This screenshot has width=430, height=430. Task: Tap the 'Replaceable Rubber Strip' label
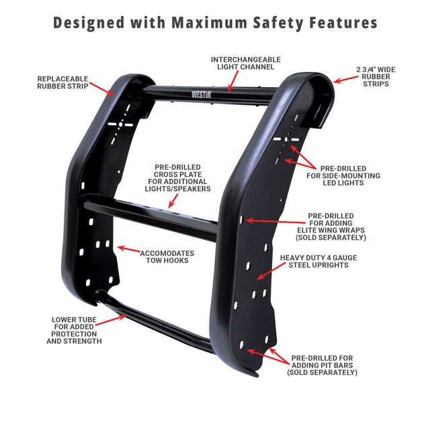(62, 82)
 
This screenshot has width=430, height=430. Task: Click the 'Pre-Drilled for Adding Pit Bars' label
(322, 365)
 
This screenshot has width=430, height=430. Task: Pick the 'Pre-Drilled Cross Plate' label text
(177, 177)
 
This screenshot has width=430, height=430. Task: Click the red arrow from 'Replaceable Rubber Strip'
(101, 88)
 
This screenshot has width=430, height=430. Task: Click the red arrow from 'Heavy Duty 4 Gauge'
(269, 270)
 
